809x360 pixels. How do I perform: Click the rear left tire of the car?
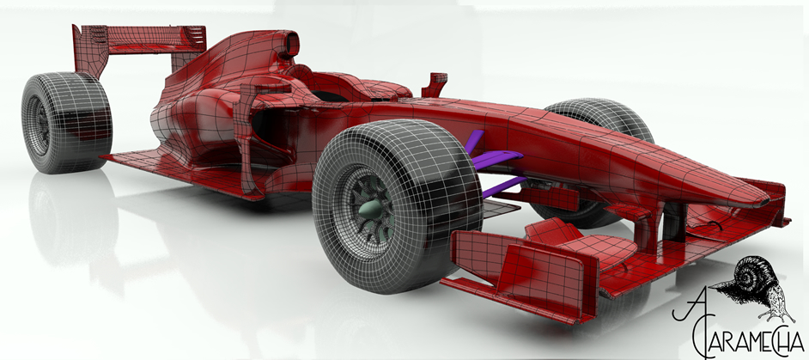(66, 123)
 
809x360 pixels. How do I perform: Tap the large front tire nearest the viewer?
(398, 205)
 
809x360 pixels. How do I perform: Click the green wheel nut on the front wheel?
(372, 209)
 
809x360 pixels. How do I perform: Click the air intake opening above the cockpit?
(291, 44)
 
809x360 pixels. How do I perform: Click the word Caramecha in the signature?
(747, 340)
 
